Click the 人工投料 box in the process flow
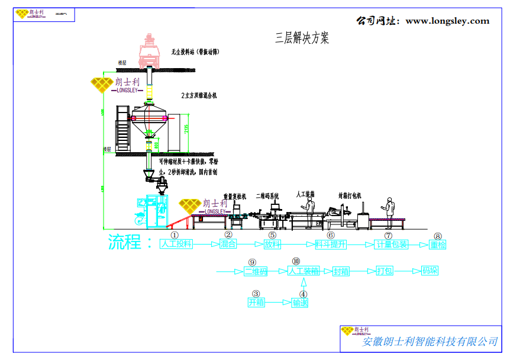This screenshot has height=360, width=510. pos(177,244)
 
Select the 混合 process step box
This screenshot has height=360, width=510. pos(228,244)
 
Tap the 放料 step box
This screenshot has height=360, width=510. pos(272,244)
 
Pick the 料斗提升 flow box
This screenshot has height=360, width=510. pos(330,244)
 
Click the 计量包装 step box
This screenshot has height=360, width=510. pos(392,244)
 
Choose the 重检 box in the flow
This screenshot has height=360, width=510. pos(437,245)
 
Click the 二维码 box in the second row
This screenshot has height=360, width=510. pos(256,272)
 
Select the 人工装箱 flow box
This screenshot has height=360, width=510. pos(304,272)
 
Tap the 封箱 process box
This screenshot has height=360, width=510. pos(341,272)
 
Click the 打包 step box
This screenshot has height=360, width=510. pos(385,272)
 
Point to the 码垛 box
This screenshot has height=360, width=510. pos(430,272)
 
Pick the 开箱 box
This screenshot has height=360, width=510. pos(256,303)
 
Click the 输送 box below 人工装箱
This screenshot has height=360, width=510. pos(300,303)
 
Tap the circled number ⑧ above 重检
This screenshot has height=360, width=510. pos(438,236)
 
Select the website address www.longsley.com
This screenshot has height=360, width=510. pos(447,21)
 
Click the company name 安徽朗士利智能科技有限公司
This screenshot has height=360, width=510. pos(430,342)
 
